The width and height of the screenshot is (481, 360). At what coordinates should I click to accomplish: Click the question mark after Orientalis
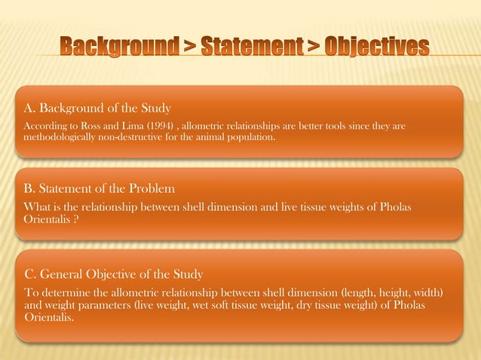coord(77,220)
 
